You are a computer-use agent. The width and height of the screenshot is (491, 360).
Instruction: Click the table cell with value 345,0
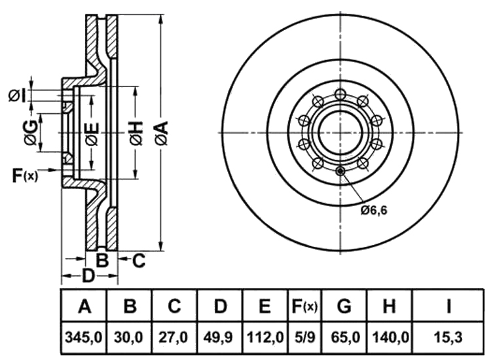pos(84,338)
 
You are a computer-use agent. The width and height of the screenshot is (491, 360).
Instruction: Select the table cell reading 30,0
pos(130,338)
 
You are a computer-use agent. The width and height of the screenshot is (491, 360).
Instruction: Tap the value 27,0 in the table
pos(174,338)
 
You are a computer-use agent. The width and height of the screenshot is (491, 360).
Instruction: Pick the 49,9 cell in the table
pos(220,338)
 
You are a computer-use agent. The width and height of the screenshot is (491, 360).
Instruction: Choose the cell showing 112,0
pos(265,338)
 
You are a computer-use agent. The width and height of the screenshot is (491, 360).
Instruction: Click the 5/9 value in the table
pos(304,338)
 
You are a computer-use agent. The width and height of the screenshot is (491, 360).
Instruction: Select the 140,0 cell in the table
pos(390,338)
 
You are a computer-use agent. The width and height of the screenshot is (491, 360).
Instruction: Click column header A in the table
pos(84,306)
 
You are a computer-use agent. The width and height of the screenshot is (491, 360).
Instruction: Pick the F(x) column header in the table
pos(304,306)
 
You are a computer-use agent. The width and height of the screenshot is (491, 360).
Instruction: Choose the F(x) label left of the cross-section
pos(26,175)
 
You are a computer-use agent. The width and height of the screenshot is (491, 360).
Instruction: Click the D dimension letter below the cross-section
pos(88,276)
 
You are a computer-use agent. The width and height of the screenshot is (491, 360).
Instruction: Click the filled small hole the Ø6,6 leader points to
pos(340,171)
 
